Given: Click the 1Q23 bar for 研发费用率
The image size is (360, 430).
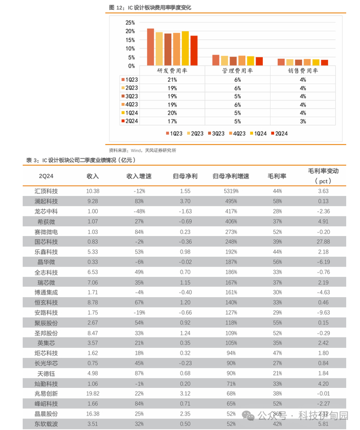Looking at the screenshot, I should point(151,47).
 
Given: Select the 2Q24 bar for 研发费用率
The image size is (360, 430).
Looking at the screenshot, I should point(194,51).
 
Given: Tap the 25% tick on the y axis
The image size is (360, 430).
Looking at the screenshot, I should point(130,23).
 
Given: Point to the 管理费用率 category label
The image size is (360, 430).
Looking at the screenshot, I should point(237,70).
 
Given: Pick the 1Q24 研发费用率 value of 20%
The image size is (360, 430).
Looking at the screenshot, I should point(172,113).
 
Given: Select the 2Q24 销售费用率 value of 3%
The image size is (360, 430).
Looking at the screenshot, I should point(303,121).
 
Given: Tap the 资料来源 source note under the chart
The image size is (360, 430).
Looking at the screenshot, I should point(142,150).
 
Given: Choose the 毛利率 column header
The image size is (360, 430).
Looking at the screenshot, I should point(277,176).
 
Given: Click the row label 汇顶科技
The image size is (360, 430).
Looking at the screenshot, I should point(46,191).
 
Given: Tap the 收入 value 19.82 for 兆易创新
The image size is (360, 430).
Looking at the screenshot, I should point(93,393).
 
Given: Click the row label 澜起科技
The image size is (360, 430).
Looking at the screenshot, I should point(46,201).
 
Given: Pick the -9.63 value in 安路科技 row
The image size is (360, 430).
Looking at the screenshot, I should point(323,312).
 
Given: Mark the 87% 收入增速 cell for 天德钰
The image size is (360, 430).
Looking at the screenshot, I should point(138,373).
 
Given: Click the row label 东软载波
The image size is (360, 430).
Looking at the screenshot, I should point(46,424).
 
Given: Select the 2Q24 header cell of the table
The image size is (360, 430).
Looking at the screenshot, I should point(46,176).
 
